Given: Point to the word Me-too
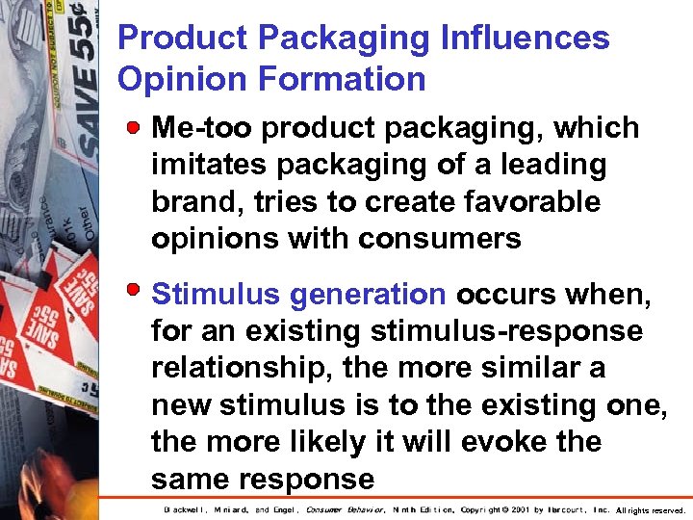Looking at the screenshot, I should click(x=203, y=128).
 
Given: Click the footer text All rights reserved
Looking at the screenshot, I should click(x=651, y=510).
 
